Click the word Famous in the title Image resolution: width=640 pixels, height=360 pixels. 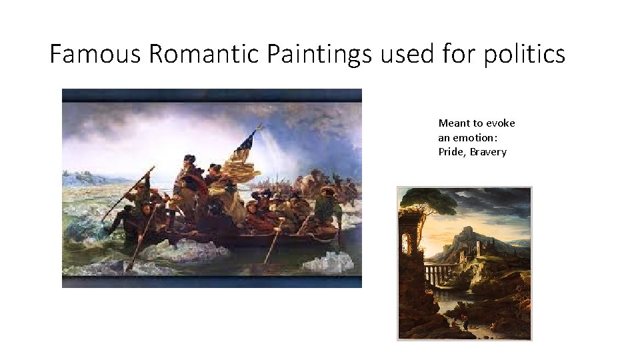click(x=95, y=53)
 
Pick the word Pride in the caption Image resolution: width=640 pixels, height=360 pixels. click(x=452, y=152)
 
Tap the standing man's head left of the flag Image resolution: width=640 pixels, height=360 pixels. click(x=189, y=159)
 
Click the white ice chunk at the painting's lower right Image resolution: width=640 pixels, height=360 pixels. click(x=327, y=261)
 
